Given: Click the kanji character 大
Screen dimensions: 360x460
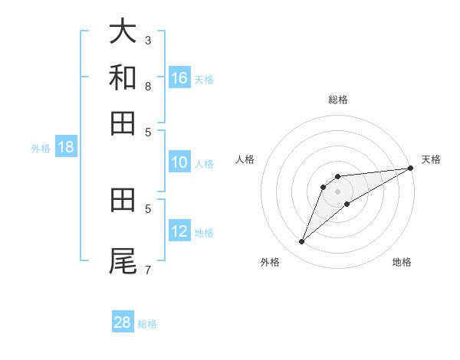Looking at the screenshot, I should click(123, 32).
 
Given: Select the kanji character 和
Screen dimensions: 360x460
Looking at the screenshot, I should click(123, 77).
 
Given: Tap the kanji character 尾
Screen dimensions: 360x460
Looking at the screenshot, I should click(123, 261).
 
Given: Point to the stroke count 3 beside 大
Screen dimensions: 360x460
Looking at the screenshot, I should click(147, 40).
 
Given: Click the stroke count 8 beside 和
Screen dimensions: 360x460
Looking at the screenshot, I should click(147, 86).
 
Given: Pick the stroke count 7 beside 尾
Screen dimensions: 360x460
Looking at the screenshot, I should click(147, 270).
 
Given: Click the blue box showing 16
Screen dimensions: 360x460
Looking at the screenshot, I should click(179, 77).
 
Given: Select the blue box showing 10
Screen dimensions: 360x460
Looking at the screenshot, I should click(179, 162).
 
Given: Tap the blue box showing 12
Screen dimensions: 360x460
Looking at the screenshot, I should click(179, 231).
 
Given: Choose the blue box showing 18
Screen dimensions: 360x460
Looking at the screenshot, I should click(66, 148).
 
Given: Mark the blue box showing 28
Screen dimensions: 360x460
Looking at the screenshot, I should click(123, 322).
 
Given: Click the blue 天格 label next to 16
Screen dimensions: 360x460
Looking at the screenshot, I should click(204, 79).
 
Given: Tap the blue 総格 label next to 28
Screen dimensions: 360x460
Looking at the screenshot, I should click(147, 324).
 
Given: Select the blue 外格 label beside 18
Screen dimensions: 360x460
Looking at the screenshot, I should click(41, 149).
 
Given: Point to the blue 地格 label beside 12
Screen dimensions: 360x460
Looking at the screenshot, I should click(204, 233).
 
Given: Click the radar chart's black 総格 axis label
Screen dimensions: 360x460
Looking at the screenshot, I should click(338, 100).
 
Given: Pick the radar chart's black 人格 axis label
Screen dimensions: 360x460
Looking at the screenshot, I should click(245, 159).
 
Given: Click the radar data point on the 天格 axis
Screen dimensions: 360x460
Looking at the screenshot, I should click(410, 169).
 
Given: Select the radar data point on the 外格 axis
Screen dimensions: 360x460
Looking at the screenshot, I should click(302, 242).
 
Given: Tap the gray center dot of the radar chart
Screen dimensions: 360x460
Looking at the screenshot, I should click(338, 191).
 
